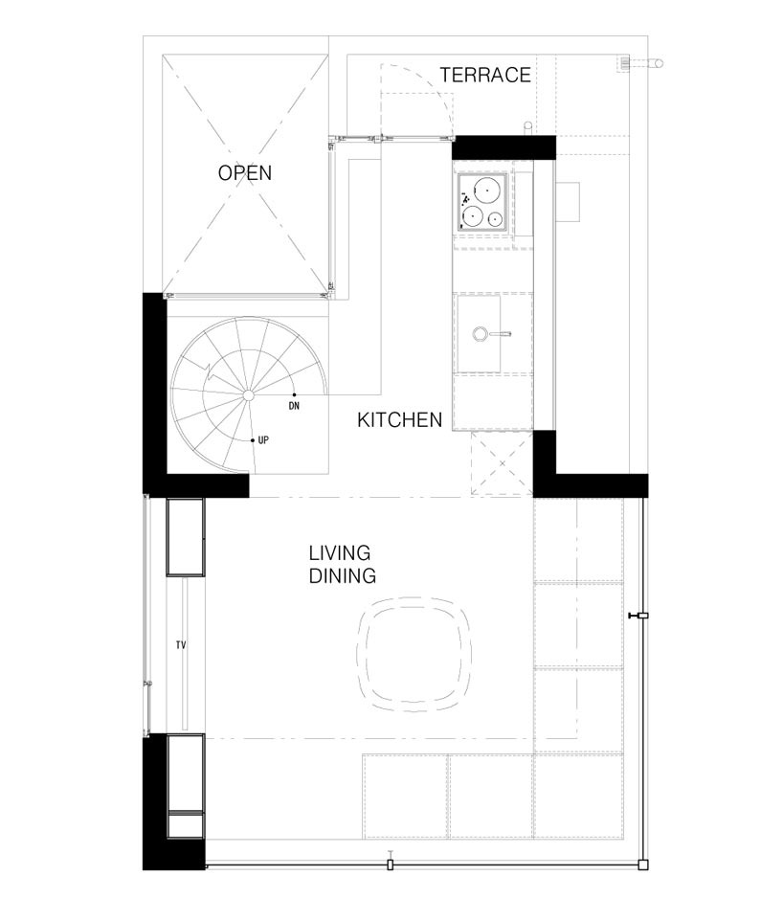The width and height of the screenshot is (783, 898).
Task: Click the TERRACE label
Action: click(x=485, y=75)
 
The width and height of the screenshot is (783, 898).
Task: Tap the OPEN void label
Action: click(x=245, y=173)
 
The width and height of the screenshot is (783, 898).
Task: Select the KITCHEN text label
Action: click(x=400, y=419)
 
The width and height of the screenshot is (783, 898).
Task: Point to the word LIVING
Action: click(x=340, y=553)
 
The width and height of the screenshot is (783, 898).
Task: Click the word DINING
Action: click(x=343, y=575)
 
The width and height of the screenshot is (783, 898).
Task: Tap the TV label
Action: click(x=181, y=645)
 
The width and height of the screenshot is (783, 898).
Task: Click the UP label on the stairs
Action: click(x=263, y=440)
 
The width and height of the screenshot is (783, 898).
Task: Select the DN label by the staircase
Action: click(x=294, y=406)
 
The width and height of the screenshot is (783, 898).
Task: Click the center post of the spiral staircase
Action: click(x=249, y=395)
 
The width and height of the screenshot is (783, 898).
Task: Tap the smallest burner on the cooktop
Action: click(x=496, y=218)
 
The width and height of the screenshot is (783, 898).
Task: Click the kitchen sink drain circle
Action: click(x=480, y=333)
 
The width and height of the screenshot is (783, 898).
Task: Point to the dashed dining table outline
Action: click(x=414, y=655)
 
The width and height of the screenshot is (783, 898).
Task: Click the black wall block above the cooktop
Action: click(x=504, y=147)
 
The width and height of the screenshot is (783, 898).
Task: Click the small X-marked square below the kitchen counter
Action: click(x=503, y=463)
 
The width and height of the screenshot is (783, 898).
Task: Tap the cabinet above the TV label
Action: click(x=185, y=537)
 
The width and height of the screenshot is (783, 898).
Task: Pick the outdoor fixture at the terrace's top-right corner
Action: click(x=640, y=63)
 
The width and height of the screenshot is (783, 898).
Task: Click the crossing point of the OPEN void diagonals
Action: click(x=245, y=173)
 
